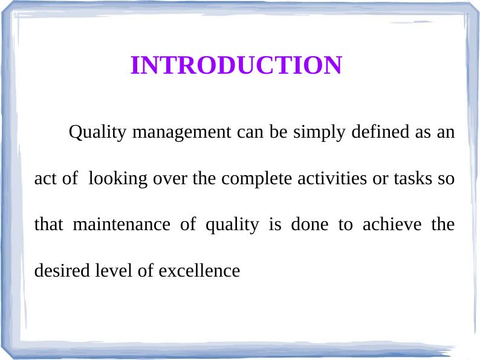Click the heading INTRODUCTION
(236, 65)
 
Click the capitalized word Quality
(99, 132)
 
